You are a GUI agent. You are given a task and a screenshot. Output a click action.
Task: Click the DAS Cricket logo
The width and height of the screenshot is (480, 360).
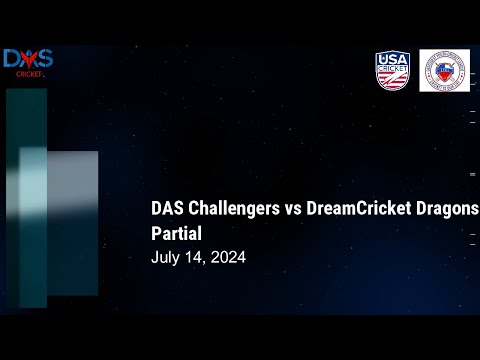point(27,62)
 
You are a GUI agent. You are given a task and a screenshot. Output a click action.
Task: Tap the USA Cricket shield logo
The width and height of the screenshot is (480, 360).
point(392,70)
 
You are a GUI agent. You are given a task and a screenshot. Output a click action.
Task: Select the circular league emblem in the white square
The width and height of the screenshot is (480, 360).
point(444,70)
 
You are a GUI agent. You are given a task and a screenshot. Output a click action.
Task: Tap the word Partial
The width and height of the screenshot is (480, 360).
point(176,233)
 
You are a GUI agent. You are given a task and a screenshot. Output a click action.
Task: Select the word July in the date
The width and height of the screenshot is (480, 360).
point(166,257)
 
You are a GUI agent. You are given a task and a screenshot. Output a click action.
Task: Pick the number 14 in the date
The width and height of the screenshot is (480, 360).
point(195,257)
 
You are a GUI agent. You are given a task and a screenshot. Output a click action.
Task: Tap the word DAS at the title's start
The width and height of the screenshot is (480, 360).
point(168,209)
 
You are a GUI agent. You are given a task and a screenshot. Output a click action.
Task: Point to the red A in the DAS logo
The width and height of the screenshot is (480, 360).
point(27,59)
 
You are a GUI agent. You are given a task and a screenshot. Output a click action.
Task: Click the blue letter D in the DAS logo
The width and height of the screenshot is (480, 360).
point(12,59)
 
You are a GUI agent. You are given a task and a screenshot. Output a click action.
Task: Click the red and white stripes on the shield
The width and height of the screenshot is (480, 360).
point(392,80)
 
